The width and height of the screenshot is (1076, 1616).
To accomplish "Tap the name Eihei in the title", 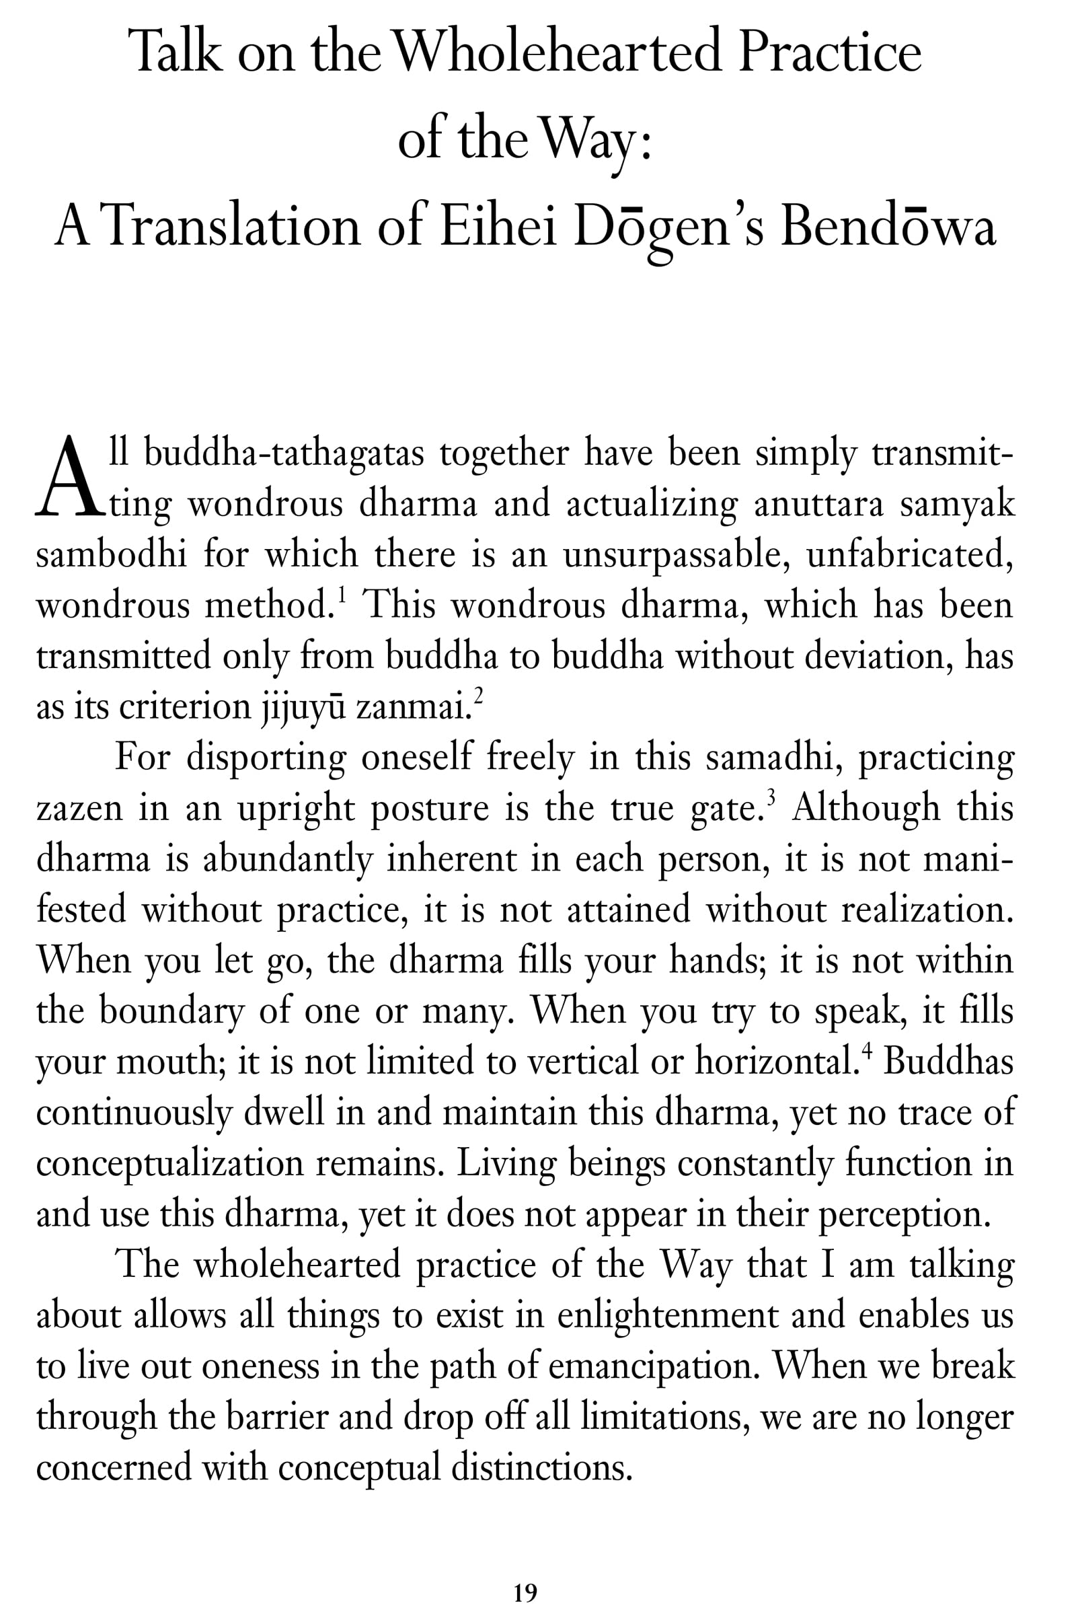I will tap(497, 227).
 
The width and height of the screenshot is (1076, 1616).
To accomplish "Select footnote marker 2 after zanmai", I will tap(478, 697).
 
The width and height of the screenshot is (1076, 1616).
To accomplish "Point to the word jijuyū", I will tap(302, 707).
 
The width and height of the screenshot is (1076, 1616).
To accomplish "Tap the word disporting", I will tap(266, 758).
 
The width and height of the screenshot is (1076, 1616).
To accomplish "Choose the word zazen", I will tap(79, 809).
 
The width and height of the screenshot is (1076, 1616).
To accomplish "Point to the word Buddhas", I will tap(948, 1062).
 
